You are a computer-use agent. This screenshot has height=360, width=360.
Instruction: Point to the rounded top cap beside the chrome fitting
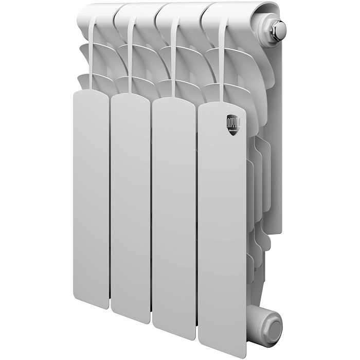226,13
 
